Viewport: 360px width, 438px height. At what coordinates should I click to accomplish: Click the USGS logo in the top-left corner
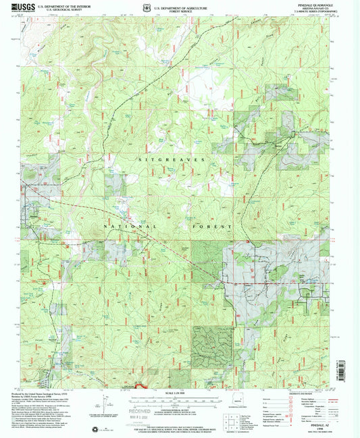coord(23,7)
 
